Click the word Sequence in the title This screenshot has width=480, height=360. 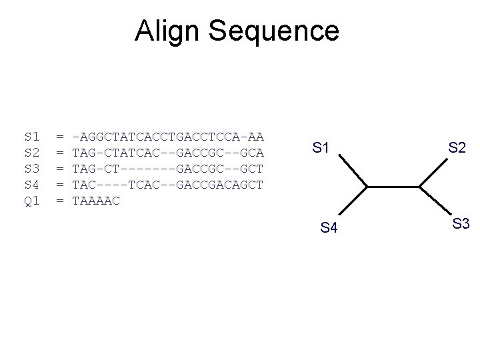tap(278, 31)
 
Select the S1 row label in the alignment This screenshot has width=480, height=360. tap(31, 137)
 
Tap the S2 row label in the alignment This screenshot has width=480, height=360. tap(31, 153)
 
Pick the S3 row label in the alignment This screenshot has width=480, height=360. tap(31, 169)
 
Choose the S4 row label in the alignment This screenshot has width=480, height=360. tap(31, 184)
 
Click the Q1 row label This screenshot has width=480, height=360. tap(31, 200)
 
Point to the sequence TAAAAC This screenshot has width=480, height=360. tap(95, 200)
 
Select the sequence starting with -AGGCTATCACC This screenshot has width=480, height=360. tap(167, 137)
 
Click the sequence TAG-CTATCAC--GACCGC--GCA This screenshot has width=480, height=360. tap(167, 153)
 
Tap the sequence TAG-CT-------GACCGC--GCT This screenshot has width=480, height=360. tap(167, 169)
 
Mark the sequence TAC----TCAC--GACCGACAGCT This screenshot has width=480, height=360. tap(167, 184)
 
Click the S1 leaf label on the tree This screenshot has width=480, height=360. tap(321, 148)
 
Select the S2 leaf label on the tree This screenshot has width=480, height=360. tap(457, 148)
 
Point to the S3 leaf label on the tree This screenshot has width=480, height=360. tap(461, 223)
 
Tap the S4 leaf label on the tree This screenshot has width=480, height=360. tap(329, 229)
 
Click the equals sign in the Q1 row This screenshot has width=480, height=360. tap(60, 200)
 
